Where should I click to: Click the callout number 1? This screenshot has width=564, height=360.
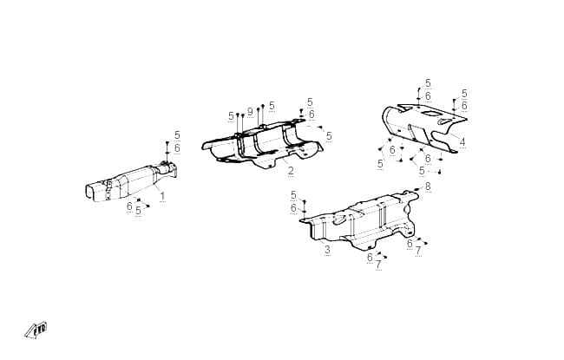click(x=162, y=196)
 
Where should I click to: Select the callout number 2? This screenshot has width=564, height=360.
click(x=291, y=171)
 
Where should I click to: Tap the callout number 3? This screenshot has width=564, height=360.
click(x=327, y=250)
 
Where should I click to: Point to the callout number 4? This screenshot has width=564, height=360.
click(x=462, y=142)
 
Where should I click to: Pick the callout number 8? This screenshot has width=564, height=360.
click(x=428, y=187)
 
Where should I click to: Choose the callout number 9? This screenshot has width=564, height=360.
click(x=250, y=112)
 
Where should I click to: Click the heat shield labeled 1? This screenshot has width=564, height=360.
click(x=131, y=182)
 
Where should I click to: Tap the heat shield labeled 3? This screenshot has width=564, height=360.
click(x=360, y=221)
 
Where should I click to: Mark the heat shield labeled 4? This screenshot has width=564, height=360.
click(x=424, y=128)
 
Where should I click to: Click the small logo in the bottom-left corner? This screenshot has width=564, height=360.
click(x=36, y=331)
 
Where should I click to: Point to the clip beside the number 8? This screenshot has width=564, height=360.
click(x=416, y=189)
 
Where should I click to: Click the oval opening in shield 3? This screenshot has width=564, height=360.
click(x=339, y=219)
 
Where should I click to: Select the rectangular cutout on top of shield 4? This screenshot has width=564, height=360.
click(x=430, y=114)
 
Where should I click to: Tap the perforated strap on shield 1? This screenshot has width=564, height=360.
click(x=108, y=190)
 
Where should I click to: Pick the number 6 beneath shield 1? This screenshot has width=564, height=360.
click(x=129, y=206)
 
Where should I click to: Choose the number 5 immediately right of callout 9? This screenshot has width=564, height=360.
click(x=272, y=106)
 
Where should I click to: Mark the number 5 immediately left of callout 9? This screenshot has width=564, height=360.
click(x=231, y=116)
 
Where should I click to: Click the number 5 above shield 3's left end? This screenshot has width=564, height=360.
click(x=293, y=195)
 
